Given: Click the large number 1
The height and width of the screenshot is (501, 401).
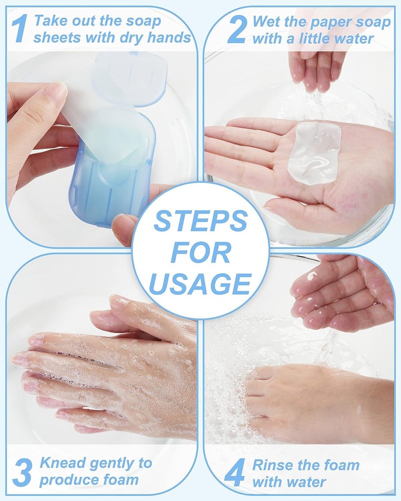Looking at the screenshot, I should point(19,29).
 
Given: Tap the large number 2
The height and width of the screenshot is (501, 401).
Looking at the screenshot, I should point(236,29).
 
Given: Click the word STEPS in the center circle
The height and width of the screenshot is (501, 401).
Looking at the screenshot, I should point(200,221).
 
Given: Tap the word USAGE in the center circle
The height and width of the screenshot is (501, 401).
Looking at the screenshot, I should point(200,284).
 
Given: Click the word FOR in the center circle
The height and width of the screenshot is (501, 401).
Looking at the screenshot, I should point(200,253).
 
